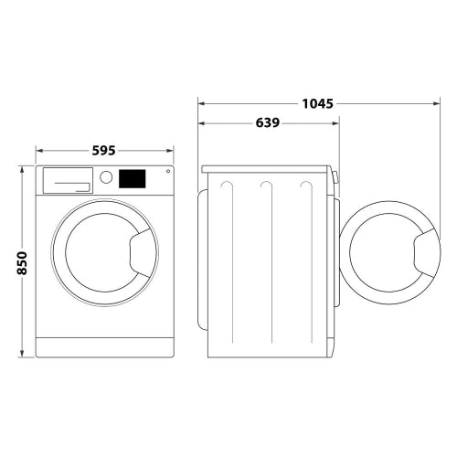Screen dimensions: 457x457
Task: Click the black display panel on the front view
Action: coord(133,177)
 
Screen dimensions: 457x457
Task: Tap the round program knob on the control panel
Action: coord(107,178)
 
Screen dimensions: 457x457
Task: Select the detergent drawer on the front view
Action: coord(67,180)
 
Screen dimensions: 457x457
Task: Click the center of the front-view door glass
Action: coord(99,253)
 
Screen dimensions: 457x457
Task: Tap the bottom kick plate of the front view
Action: coord(105,348)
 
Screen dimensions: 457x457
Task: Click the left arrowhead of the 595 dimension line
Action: coord(39,150)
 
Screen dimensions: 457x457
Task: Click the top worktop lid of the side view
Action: coord(267,169)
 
